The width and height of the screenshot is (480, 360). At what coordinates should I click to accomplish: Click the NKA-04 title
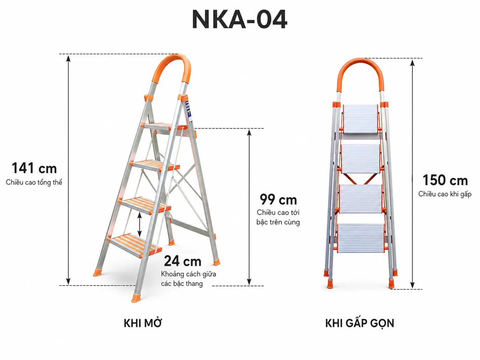click(240, 19)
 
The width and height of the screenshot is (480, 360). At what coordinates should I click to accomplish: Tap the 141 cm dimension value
click(34, 168)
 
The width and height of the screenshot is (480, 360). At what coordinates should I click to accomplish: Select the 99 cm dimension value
click(278, 200)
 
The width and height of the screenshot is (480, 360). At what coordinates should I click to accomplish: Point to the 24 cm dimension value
click(182, 261)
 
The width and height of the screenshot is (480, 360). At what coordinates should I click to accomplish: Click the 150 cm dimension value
click(445, 180)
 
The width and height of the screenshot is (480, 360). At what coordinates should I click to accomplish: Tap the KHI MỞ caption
click(142, 323)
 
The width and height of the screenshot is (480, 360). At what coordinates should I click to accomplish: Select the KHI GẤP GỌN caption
click(360, 323)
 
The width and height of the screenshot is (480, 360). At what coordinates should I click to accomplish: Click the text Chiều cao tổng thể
click(34, 182)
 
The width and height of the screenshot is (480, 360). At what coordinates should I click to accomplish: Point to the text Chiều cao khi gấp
click(445, 194)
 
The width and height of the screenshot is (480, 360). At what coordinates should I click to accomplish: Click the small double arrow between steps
click(140, 225)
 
